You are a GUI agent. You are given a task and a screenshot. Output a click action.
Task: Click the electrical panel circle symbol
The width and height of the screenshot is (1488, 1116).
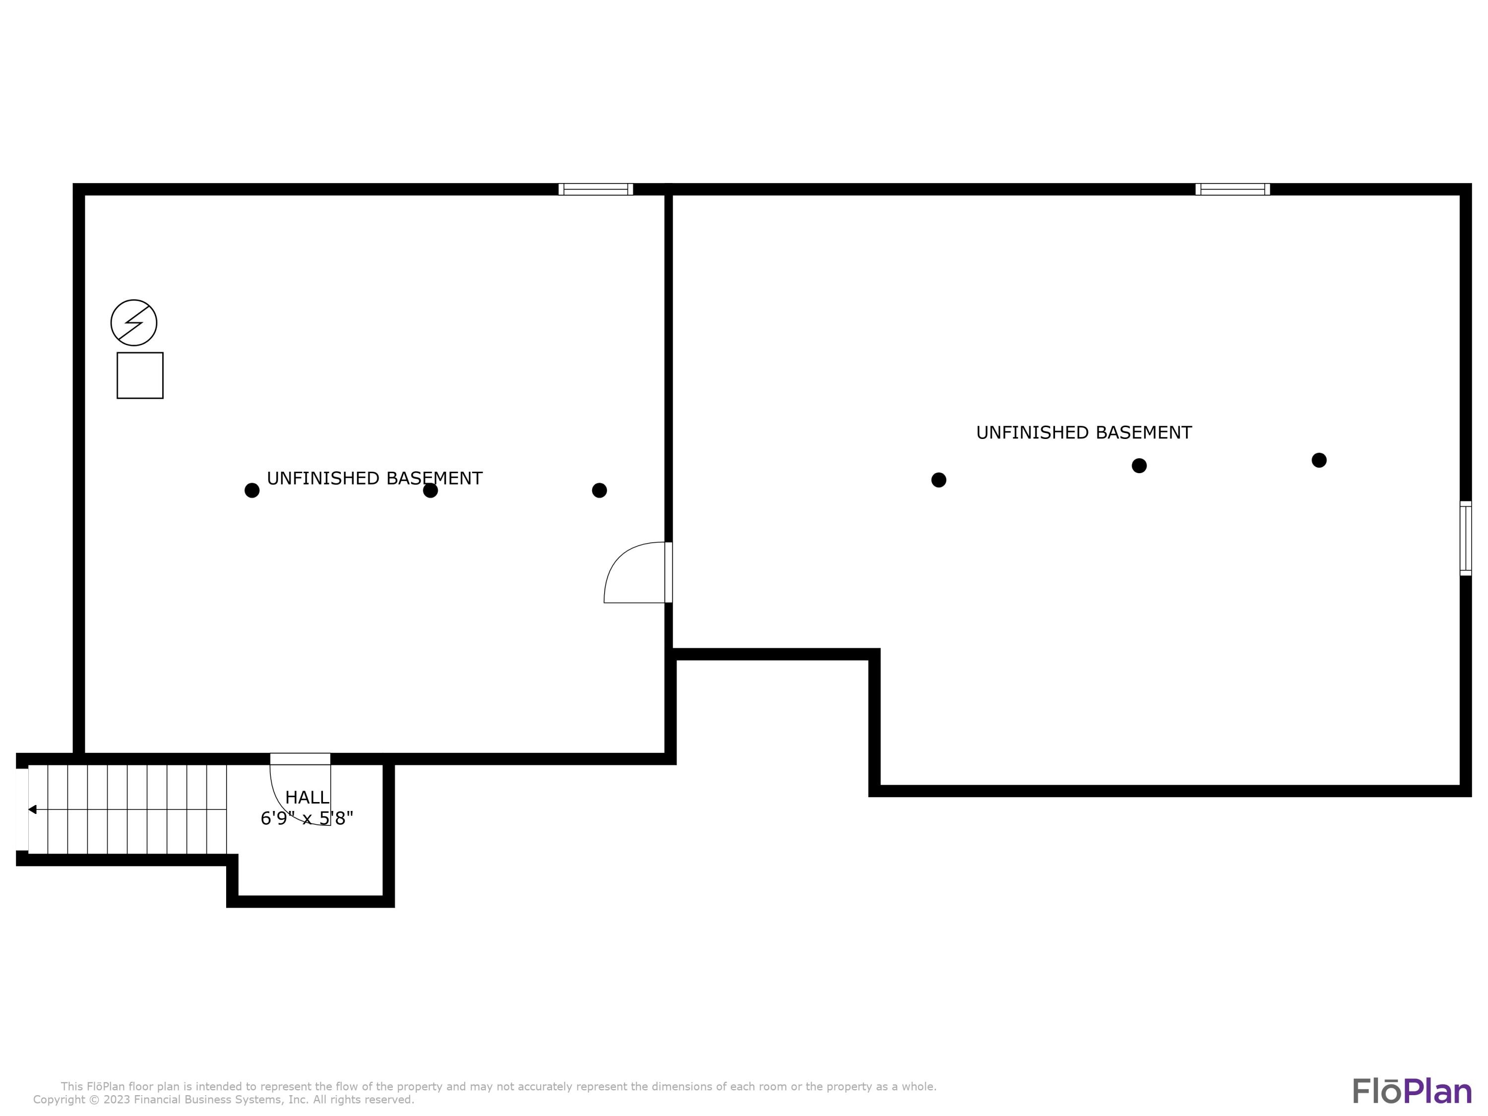[x=134, y=323]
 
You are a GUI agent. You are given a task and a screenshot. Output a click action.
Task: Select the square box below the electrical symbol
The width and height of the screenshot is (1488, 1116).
[x=140, y=375]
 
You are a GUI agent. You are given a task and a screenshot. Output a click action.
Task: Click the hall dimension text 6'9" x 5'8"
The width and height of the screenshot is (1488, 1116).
[x=307, y=819]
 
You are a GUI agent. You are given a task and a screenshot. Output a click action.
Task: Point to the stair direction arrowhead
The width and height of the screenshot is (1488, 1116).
[x=32, y=809]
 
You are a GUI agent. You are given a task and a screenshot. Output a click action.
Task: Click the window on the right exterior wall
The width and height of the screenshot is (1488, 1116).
[x=1465, y=538]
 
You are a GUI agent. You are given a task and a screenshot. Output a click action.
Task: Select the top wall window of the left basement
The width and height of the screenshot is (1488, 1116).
[x=595, y=189]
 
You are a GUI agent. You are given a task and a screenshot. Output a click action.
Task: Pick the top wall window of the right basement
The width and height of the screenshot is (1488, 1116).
[x=1233, y=189]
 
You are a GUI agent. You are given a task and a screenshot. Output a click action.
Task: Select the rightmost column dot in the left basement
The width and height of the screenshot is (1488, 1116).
[x=599, y=491]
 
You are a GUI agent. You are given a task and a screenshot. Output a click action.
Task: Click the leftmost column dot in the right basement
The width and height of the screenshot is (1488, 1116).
[x=938, y=480]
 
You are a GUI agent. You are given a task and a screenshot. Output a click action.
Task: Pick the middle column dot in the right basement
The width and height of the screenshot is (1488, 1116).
[x=1139, y=466]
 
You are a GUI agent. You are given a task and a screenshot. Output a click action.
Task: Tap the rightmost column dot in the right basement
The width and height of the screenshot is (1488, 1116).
[x=1319, y=460]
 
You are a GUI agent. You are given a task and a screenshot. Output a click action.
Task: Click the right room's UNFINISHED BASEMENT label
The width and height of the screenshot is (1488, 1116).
[x=1084, y=433]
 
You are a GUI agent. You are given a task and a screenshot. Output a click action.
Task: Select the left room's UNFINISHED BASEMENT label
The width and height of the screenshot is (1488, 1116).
[x=374, y=478]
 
